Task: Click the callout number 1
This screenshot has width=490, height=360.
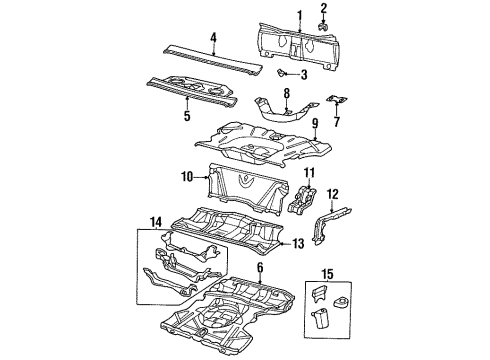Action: (298, 13)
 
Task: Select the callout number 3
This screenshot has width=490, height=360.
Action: (303, 75)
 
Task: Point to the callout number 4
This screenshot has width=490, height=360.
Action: (212, 39)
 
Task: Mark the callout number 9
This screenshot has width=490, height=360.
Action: (314, 123)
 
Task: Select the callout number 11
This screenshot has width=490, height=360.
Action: (308, 174)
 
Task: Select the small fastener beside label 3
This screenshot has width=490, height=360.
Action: (283, 74)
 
